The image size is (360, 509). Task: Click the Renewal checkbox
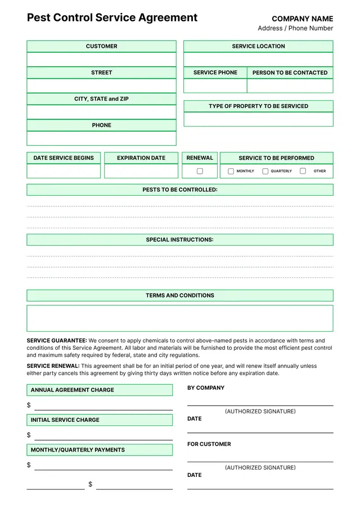(200, 171)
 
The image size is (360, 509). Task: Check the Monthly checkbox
(231, 171)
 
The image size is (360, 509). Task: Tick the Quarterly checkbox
(265, 171)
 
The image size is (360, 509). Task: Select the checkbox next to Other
(303, 171)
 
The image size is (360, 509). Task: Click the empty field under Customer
(101, 60)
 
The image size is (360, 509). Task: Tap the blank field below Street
(101, 85)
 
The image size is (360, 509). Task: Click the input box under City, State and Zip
(101, 112)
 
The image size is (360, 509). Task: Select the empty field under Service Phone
(215, 85)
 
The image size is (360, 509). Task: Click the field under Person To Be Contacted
(290, 85)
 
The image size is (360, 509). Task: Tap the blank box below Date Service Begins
(64, 171)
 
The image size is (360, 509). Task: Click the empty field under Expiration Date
(141, 171)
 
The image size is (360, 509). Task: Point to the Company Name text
(302, 19)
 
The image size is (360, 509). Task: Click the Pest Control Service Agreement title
(112, 17)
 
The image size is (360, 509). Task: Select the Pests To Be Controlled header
(180, 190)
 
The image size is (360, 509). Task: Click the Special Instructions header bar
(180, 240)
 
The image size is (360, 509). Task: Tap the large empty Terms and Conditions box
(180, 318)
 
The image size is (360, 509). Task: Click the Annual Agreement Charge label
(72, 390)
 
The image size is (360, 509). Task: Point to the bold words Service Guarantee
(57, 341)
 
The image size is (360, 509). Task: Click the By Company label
(206, 388)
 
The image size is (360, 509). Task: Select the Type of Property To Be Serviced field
(258, 119)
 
